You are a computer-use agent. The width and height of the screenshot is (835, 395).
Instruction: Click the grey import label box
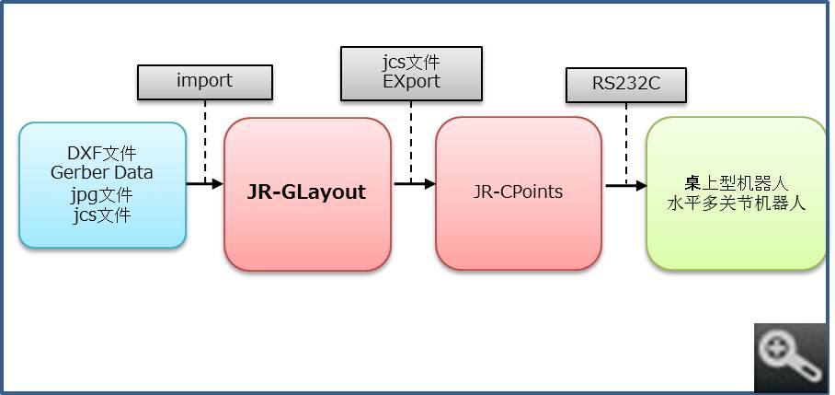[x=204, y=81]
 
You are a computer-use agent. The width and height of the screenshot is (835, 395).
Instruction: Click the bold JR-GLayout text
[x=306, y=192]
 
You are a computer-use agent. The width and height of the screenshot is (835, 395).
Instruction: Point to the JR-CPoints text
[x=518, y=192]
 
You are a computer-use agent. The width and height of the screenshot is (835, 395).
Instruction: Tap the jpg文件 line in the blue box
[x=102, y=195]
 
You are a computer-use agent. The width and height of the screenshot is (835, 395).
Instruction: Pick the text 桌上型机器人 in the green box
[x=737, y=183]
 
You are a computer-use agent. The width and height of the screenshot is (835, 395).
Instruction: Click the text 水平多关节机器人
[x=737, y=203]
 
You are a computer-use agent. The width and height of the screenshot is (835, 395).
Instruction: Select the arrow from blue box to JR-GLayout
[x=205, y=184]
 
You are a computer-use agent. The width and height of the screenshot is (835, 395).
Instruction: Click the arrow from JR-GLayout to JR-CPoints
[x=415, y=184]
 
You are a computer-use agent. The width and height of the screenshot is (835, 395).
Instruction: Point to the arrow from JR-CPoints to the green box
[x=625, y=184]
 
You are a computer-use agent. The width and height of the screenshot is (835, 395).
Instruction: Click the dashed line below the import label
[x=205, y=138]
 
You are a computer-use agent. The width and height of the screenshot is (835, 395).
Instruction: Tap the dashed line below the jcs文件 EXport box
[x=411, y=138]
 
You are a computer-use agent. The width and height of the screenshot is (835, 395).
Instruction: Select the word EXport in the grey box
[x=410, y=82]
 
